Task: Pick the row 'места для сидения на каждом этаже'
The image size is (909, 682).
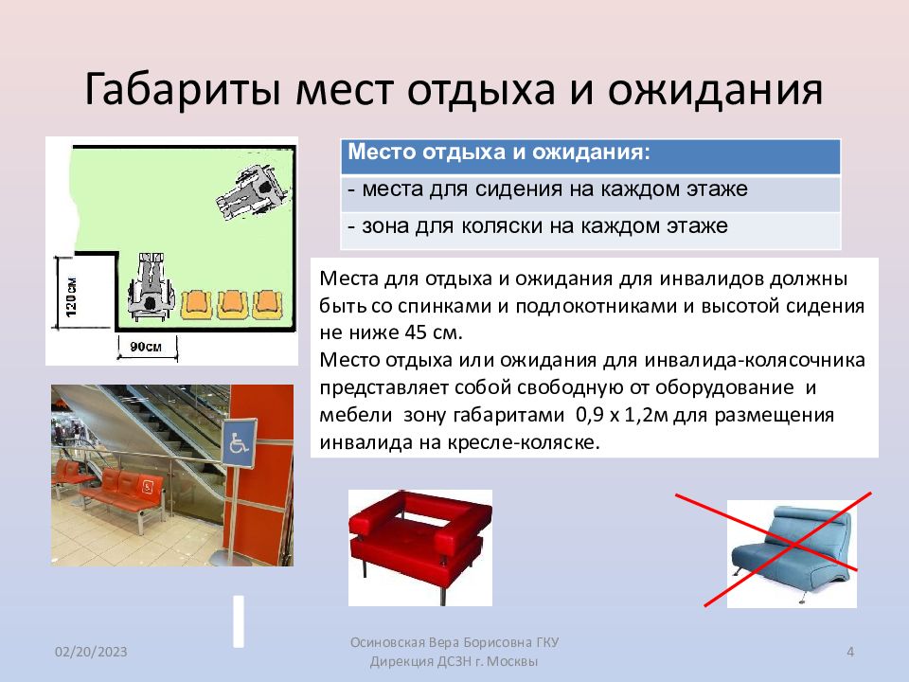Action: (x=548, y=189)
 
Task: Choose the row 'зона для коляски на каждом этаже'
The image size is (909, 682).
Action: (x=537, y=226)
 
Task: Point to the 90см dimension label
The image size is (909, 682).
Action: (x=146, y=348)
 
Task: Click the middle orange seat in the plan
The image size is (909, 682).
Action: (x=232, y=302)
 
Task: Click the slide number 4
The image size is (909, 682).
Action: (x=849, y=651)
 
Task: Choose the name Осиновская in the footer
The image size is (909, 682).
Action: (x=390, y=642)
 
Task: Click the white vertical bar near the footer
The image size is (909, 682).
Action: (x=240, y=621)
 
